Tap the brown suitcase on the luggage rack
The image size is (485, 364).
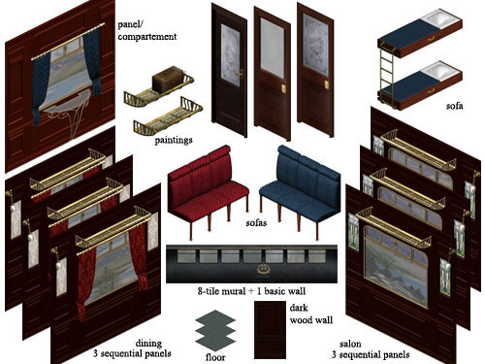[x=168, y=79]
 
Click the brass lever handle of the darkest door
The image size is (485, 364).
[x=240, y=74]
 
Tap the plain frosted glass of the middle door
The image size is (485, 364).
[x=273, y=48]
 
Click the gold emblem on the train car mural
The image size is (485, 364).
[x=261, y=268]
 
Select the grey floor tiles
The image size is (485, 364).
[x=215, y=331]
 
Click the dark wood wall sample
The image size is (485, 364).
[x=270, y=330]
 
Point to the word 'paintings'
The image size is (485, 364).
[x=174, y=140]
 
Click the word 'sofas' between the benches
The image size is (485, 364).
[x=256, y=222]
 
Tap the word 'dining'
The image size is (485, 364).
[x=148, y=343]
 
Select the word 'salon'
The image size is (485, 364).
[x=350, y=344]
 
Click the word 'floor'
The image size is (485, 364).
[x=215, y=357]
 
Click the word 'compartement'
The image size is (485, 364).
[x=147, y=37]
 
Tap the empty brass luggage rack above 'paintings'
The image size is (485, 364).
[x=168, y=117]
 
